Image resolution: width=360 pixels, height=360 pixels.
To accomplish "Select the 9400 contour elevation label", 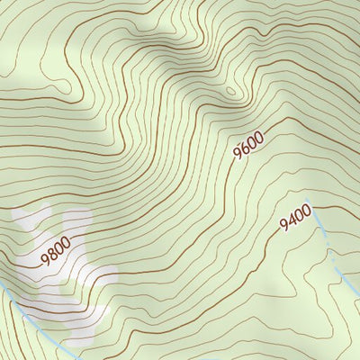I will coord(295,218).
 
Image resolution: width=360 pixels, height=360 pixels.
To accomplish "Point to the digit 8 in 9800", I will coord(50,253).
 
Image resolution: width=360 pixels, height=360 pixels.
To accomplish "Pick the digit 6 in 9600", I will coord(244,149).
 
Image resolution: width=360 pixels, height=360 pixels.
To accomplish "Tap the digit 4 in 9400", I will coord(291,221).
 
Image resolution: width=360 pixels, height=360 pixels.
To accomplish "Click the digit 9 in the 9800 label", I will coord(43,258).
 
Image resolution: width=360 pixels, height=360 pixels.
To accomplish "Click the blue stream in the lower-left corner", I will coord(27,306).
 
